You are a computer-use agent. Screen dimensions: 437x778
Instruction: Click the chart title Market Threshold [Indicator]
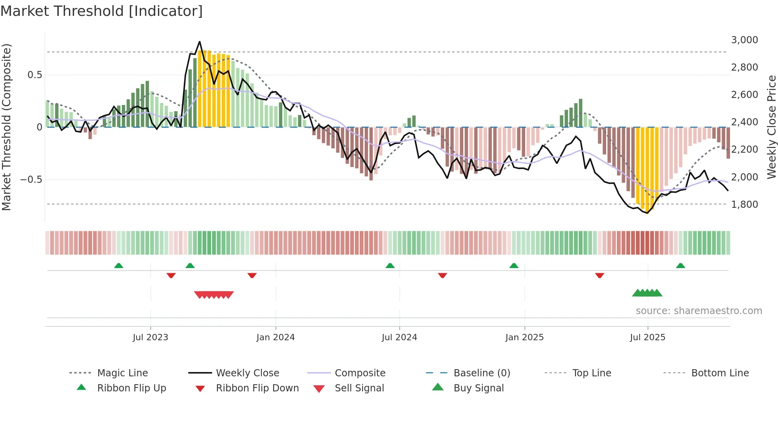(102, 11)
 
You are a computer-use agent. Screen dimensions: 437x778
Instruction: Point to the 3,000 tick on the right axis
(744, 40)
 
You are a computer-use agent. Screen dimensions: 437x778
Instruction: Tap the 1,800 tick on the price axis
(744, 205)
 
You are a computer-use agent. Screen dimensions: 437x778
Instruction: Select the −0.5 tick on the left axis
(31, 180)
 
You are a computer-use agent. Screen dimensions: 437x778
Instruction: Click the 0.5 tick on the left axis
(35, 75)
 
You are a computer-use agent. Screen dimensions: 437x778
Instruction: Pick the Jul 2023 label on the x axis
(150, 337)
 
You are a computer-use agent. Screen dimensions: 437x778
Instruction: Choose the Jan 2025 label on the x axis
(524, 337)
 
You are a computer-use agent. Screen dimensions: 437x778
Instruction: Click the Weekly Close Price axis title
(771, 127)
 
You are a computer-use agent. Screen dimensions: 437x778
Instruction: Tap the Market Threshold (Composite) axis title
(6, 127)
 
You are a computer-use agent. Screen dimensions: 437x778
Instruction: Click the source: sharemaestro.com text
(699, 311)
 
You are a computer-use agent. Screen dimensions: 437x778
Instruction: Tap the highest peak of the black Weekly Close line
(200, 42)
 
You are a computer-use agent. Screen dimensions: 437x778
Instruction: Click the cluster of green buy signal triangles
(647, 293)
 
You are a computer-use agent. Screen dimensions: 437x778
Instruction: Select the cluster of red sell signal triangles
(214, 295)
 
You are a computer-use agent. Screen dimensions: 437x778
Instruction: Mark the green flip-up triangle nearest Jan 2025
(514, 266)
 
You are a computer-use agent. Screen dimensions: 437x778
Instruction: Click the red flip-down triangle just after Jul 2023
(171, 275)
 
